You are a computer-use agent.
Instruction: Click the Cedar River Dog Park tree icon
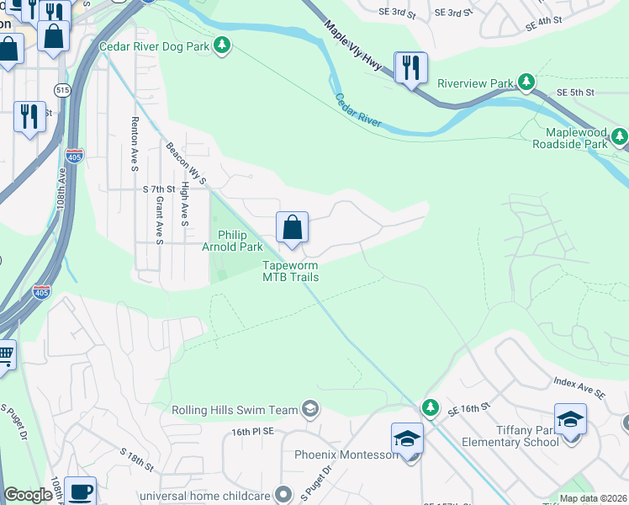click(221, 45)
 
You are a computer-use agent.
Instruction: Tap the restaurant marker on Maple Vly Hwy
click(410, 67)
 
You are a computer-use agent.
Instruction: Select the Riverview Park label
click(475, 83)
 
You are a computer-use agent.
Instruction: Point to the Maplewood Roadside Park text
click(569, 138)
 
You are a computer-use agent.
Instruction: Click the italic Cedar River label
click(358, 111)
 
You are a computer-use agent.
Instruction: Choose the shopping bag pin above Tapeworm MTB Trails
click(292, 227)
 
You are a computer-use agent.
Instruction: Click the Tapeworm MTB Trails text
click(290, 271)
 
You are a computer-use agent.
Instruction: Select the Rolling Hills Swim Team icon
click(310, 409)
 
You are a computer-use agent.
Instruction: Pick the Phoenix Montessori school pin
click(407, 439)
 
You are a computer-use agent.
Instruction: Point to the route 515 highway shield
click(64, 88)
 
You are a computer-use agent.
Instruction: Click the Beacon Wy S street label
click(186, 163)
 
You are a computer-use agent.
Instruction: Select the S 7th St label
click(158, 189)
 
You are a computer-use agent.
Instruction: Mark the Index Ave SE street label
click(579, 388)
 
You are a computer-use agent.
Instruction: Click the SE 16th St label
click(468, 409)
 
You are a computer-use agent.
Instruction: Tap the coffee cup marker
click(80, 491)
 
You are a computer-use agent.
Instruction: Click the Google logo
click(28, 495)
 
